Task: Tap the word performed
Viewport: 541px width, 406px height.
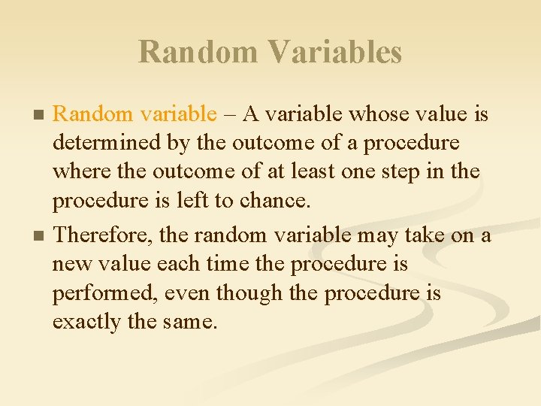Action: (x=95, y=293)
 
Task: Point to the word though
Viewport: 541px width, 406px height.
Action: (x=253, y=293)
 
